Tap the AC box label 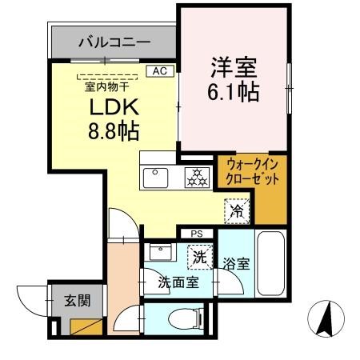pos(161,71)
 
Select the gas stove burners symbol pos(195,178)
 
